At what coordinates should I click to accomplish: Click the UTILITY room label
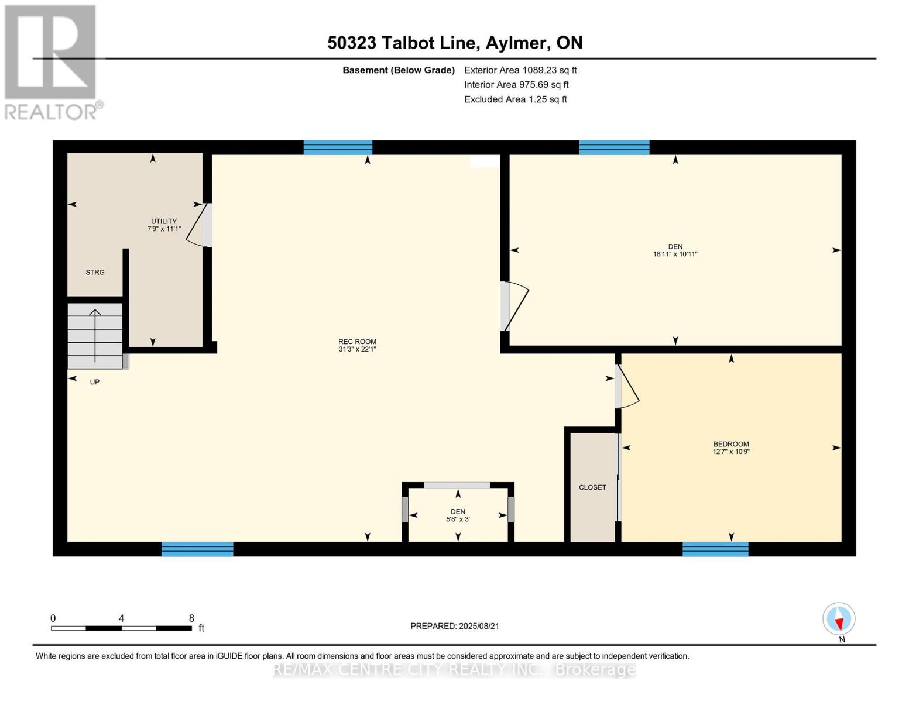coord(163,221)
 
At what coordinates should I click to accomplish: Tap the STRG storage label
coord(95,272)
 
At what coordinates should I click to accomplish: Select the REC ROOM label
coord(357,342)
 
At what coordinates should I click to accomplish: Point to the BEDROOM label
coord(731,444)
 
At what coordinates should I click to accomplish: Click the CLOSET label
coord(592,487)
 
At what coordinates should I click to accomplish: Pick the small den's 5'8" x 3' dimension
coord(458,519)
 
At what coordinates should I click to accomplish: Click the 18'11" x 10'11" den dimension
coord(675,254)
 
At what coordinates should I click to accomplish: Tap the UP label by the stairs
coord(95,382)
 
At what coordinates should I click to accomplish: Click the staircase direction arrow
coord(95,335)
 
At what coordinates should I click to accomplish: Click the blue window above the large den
coord(614,147)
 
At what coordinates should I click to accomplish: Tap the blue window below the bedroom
coord(715,549)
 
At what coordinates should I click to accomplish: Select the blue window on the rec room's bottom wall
coord(197,549)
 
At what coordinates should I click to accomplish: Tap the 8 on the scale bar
coord(191,618)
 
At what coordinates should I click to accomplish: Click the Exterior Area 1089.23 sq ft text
coord(520,70)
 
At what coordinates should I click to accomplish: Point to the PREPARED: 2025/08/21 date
coord(455,626)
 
